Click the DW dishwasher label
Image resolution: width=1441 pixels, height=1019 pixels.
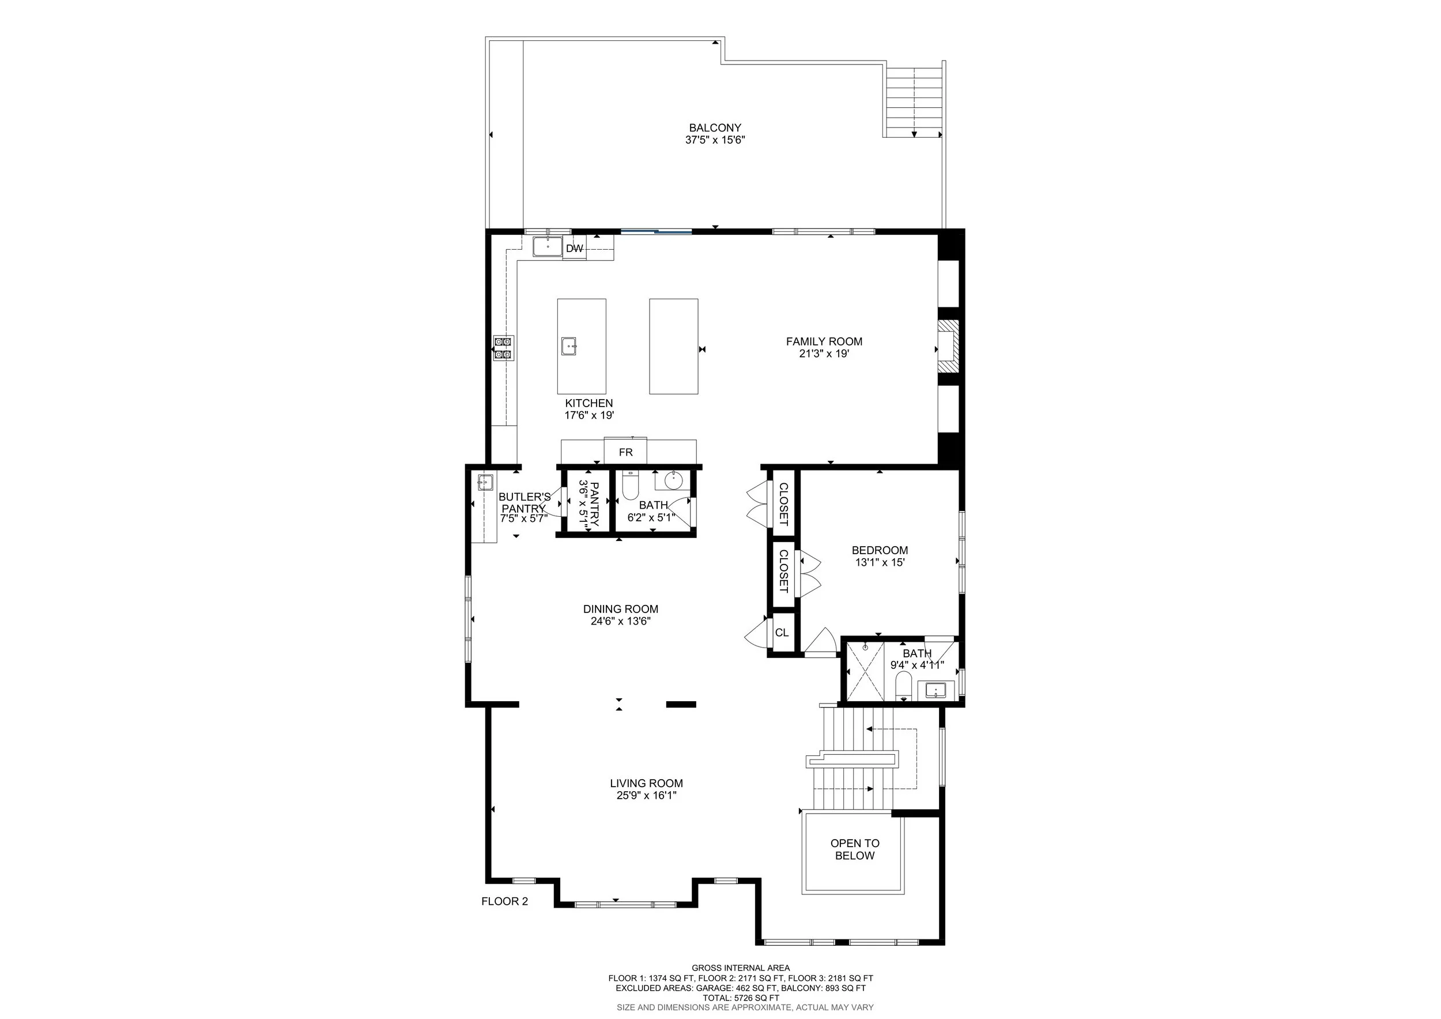pos(574,249)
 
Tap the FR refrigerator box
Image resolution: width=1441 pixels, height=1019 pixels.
pos(625,452)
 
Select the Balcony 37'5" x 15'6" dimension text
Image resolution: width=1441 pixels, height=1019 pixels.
pos(715,140)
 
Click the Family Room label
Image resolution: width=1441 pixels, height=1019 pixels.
pos(824,341)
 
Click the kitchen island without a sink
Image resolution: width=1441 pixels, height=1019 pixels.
pos(673,346)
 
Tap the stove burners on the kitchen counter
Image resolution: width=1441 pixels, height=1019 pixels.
pos(503,348)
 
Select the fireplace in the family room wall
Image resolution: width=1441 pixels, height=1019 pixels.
pos(948,348)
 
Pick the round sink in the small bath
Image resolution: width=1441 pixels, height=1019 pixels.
pos(673,482)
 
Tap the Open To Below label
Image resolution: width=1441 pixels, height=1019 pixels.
pos(854,849)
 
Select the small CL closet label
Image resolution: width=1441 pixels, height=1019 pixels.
pos(782,633)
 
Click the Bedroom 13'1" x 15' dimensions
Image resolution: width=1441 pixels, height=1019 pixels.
pos(879,562)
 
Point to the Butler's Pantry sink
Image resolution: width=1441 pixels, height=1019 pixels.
pos(485,483)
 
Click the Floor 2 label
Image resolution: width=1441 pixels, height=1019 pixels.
pos(504,901)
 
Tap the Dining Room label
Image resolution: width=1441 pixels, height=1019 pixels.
pos(620,609)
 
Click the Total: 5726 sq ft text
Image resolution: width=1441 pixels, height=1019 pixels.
pos(741,998)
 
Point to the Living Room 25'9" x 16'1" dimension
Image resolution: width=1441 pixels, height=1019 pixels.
pos(647,795)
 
